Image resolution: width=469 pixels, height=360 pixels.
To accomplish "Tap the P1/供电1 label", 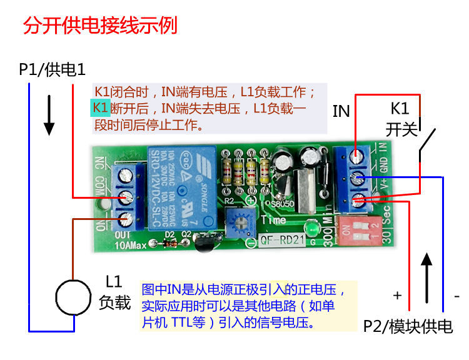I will click(51, 69).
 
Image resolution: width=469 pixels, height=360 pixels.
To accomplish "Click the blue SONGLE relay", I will click(182, 187).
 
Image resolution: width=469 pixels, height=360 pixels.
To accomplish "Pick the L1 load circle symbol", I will click(74, 297).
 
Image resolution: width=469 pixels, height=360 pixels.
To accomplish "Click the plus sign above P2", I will click(397, 294).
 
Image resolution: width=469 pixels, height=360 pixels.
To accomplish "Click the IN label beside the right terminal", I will click(341, 111).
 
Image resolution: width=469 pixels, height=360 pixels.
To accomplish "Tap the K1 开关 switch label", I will click(400, 119).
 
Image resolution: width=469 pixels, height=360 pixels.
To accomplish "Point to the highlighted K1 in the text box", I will click(101, 107).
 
